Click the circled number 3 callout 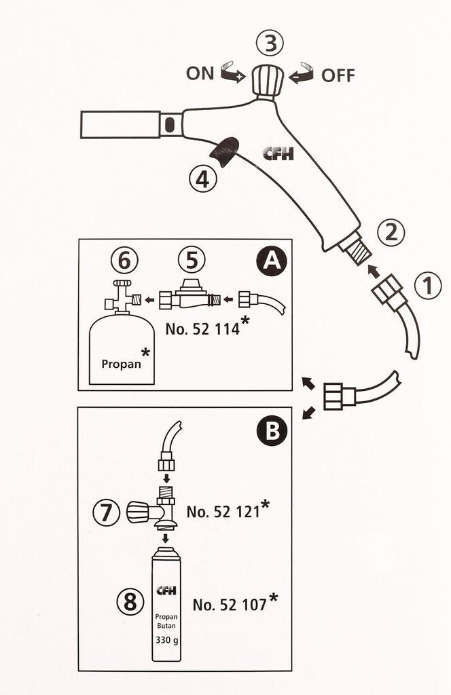[271, 45]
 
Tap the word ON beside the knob [200, 73]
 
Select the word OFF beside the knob [338, 75]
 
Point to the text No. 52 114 [203, 330]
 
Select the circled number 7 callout [107, 512]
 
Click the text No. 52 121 [223, 512]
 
